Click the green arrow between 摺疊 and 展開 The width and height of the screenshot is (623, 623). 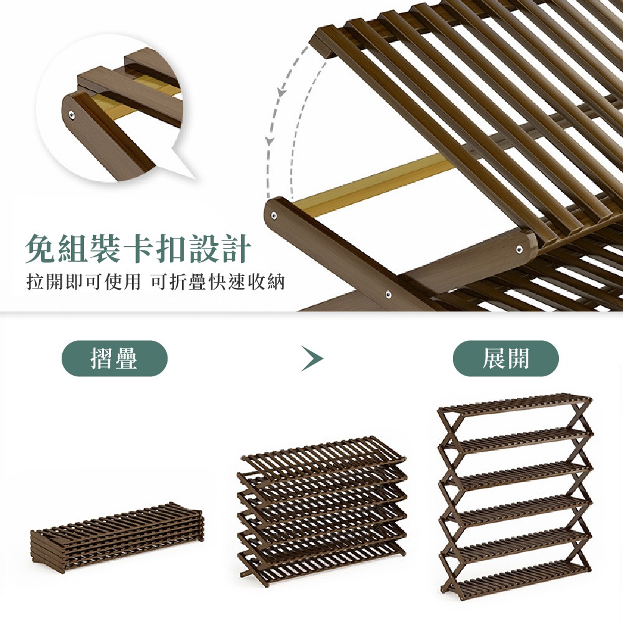311,359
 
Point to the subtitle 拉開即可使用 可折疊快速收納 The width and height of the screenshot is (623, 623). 156,282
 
